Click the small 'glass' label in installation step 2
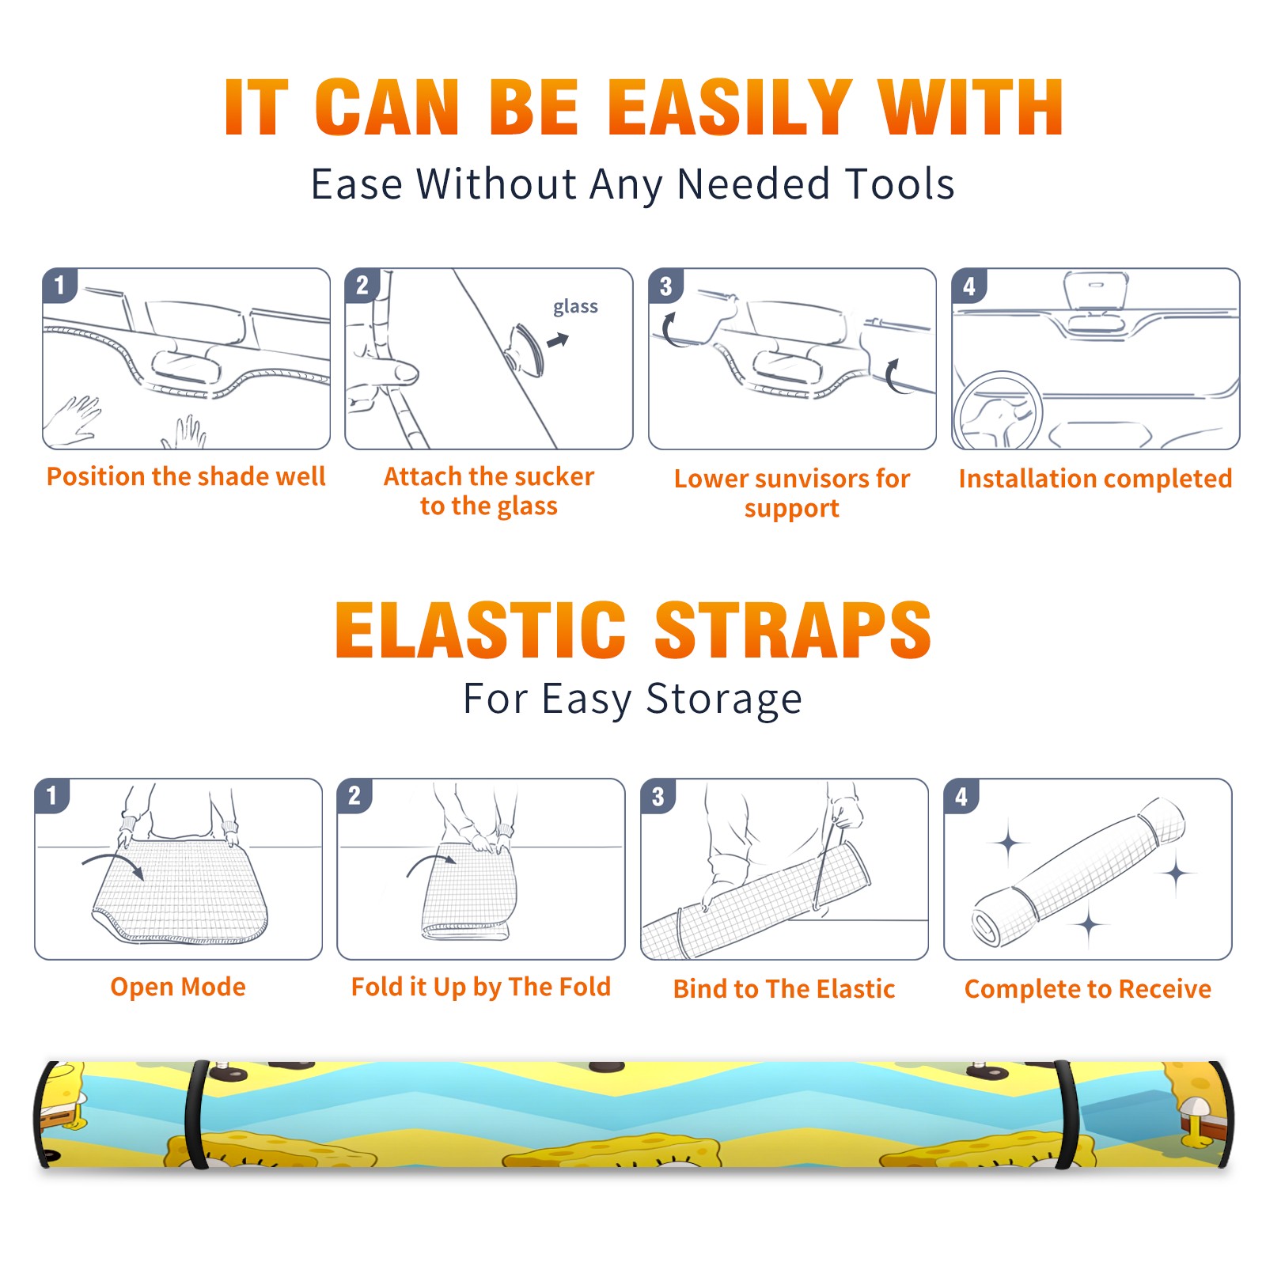tap(575, 307)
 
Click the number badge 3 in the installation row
tap(665, 286)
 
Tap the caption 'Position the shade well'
tap(186, 476)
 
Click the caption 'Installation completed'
tap(1095, 478)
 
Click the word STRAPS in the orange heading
tap(793, 630)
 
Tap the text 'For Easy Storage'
tap(632, 699)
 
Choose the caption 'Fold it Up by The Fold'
tap(481, 987)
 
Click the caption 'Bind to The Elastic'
tap(784, 989)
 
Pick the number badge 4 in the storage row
tap(961, 796)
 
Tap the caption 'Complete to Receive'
tap(1088, 989)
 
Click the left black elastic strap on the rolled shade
tap(196, 1115)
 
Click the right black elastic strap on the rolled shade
tap(1067, 1115)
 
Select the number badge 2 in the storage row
tap(354, 796)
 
